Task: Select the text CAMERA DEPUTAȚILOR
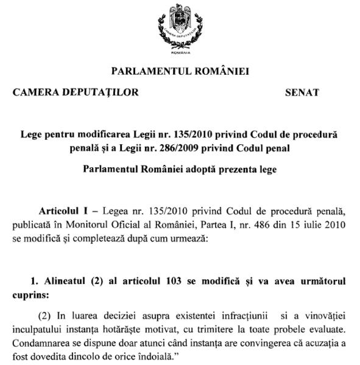(76, 93)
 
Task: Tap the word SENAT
(302, 93)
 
